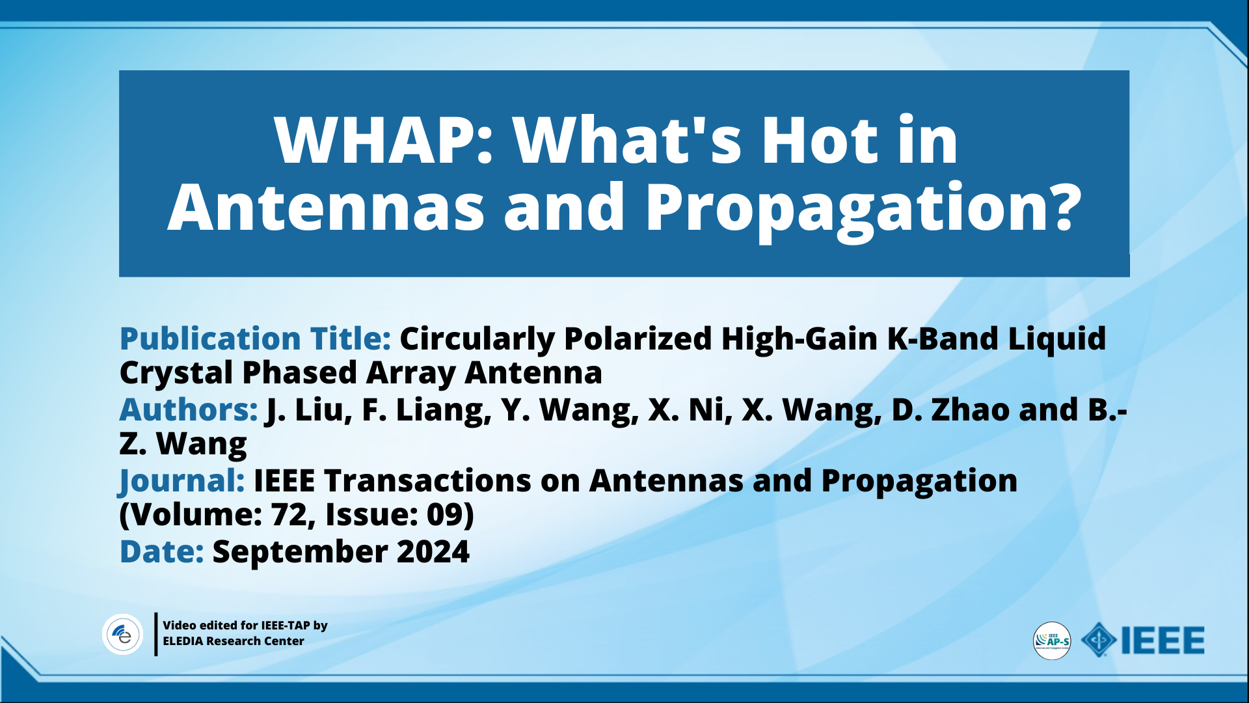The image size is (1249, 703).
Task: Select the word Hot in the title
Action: pyautogui.click(x=819, y=139)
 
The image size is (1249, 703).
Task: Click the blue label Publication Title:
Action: pyautogui.click(x=255, y=339)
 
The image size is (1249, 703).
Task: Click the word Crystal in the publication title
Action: pyautogui.click(x=176, y=374)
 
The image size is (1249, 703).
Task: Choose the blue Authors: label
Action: pyautogui.click(x=189, y=409)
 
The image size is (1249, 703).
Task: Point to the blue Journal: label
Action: pyautogui.click(x=182, y=482)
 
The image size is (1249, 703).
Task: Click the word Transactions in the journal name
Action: pyautogui.click(x=427, y=480)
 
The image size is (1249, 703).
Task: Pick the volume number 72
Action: pyautogui.click(x=289, y=515)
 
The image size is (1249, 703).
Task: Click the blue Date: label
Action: pyautogui.click(x=161, y=551)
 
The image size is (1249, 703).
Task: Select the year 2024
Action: pyautogui.click(x=433, y=551)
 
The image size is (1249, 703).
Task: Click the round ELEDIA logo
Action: pyautogui.click(x=123, y=634)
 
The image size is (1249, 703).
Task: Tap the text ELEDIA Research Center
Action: pyautogui.click(x=233, y=641)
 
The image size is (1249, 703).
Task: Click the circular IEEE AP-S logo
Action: pyautogui.click(x=1052, y=641)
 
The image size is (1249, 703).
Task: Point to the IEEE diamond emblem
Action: pyautogui.click(x=1099, y=640)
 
